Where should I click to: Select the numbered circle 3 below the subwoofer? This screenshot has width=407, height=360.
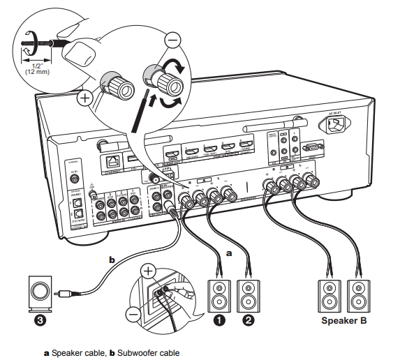click(39, 322)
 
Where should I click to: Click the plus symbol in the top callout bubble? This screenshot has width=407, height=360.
click(84, 98)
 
